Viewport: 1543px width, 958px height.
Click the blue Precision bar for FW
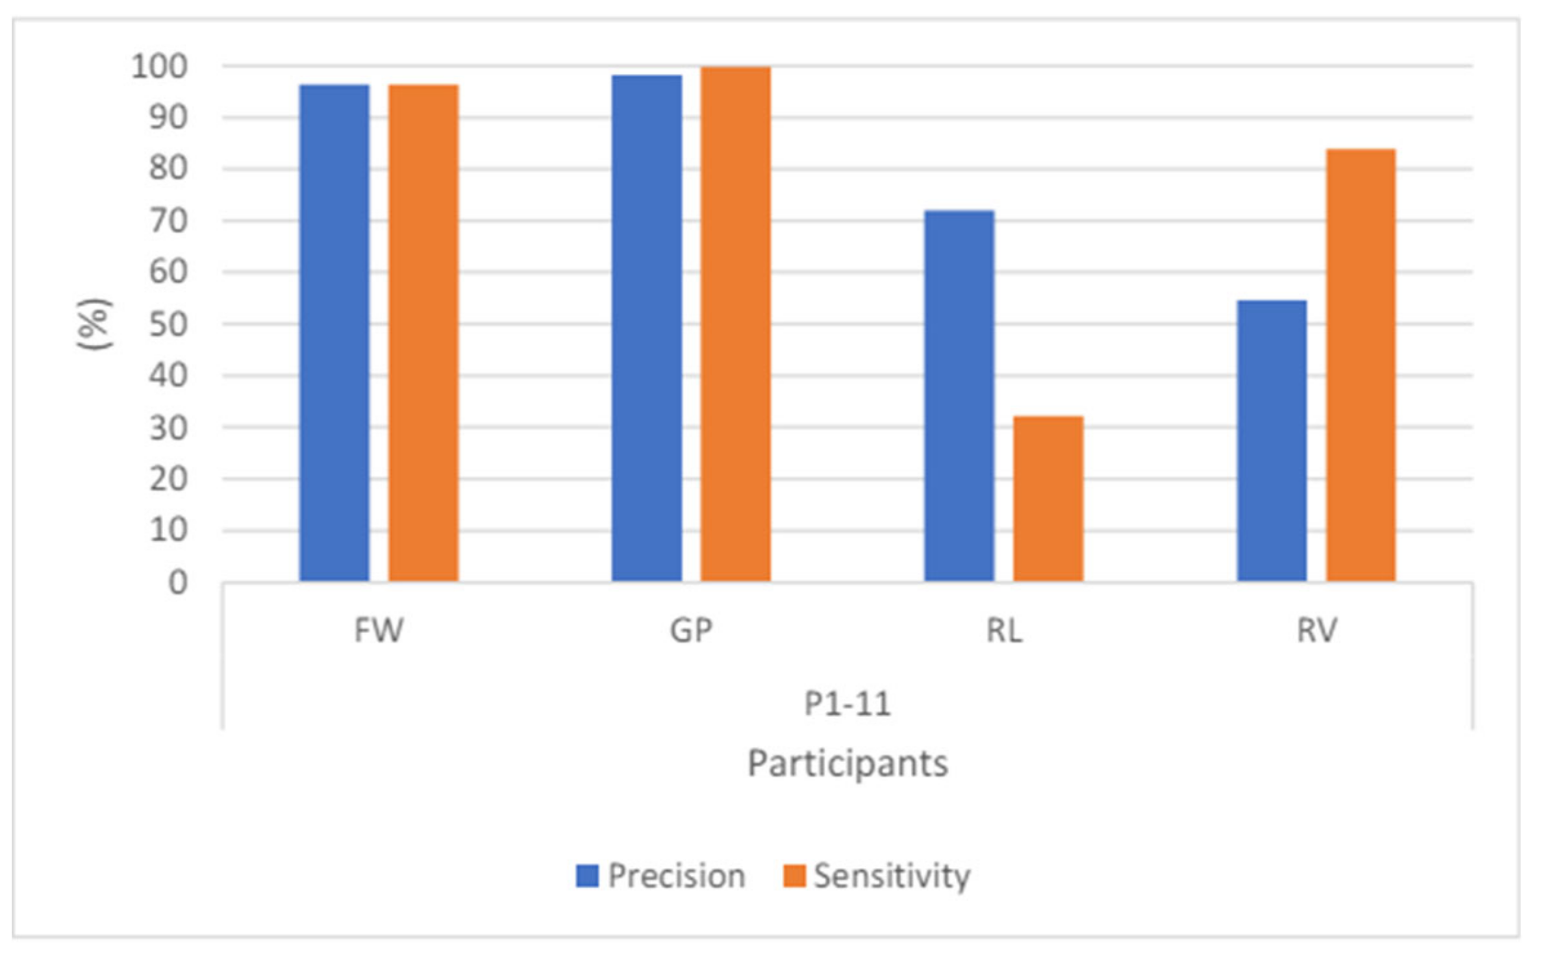(x=334, y=333)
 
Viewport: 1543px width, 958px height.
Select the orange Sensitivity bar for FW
(x=423, y=333)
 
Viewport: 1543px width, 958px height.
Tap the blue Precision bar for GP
(x=647, y=328)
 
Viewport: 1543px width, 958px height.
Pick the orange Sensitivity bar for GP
(x=736, y=324)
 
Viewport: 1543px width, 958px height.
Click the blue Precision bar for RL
(x=959, y=396)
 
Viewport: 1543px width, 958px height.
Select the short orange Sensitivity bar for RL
(x=1048, y=499)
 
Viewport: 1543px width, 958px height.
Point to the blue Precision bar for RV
(x=1272, y=441)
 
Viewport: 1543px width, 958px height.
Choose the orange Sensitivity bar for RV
(x=1360, y=365)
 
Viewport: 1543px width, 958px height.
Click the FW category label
(x=379, y=630)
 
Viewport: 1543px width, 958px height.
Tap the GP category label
(x=691, y=630)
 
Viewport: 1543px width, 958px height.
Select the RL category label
(x=1004, y=630)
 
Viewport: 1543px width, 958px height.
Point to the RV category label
(x=1316, y=630)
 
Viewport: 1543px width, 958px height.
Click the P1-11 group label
(x=847, y=704)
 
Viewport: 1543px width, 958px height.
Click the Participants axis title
(x=847, y=763)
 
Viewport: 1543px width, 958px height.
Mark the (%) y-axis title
(x=95, y=324)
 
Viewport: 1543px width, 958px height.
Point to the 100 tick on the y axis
(x=159, y=66)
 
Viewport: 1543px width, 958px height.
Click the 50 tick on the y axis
(x=168, y=324)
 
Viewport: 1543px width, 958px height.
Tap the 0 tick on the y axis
(x=178, y=582)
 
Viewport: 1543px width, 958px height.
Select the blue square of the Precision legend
(x=587, y=876)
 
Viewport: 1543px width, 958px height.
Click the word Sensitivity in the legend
(x=892, y=876)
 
